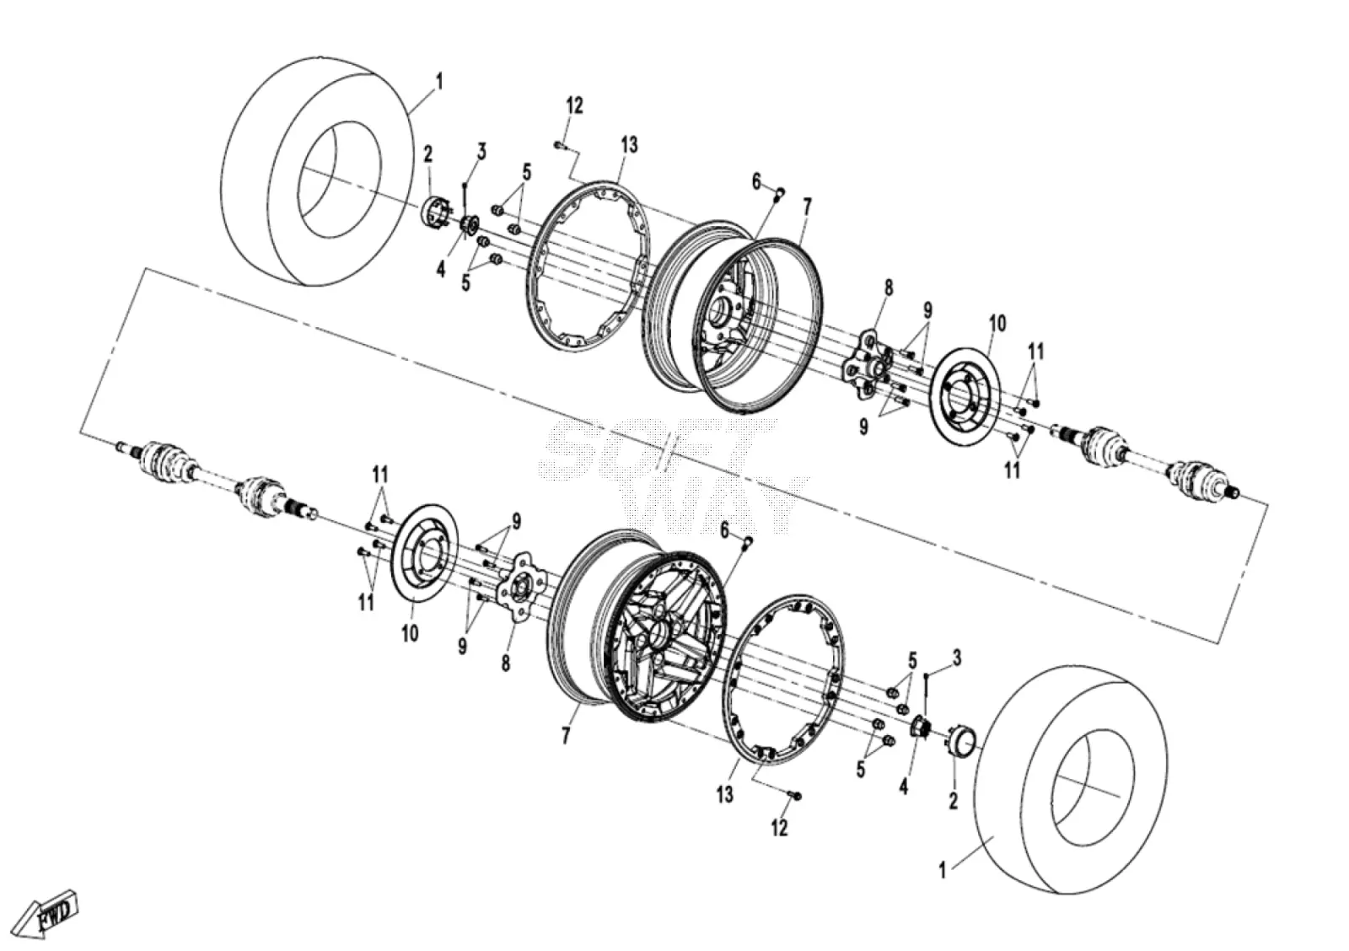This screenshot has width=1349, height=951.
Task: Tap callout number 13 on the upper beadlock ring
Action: [629, 144]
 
